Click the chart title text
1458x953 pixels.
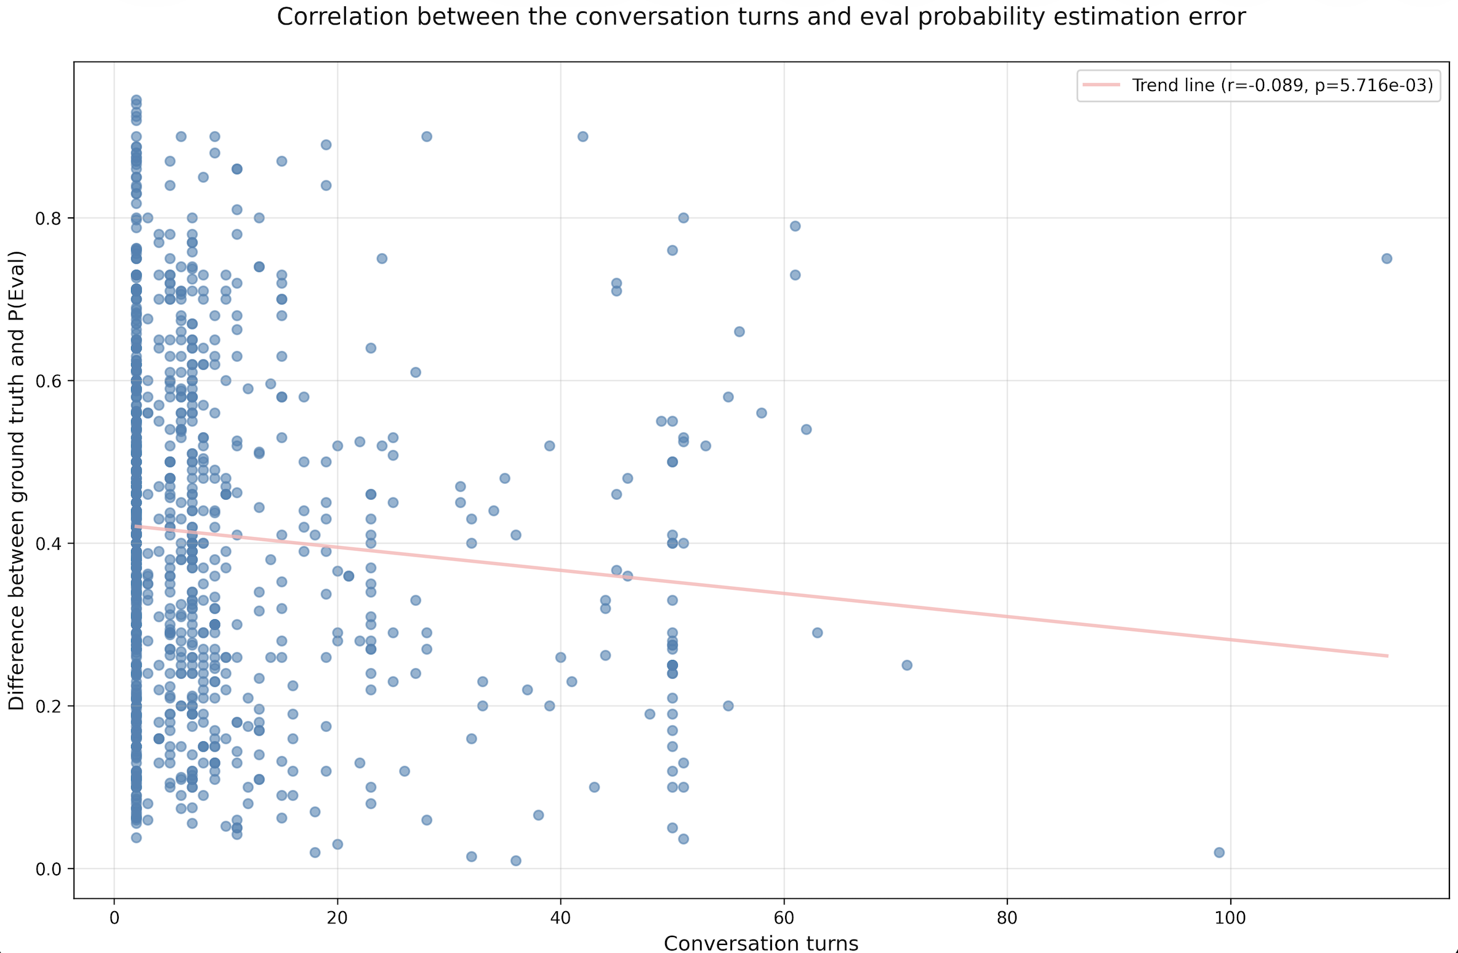761,17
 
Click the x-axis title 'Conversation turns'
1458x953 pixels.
761,943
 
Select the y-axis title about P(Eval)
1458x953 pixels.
17,480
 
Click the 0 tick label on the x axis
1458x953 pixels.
115,918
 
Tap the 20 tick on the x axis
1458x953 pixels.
337,918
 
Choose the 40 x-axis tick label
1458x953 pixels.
560,918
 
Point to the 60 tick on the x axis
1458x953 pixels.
784,918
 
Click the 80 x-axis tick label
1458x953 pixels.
1007,918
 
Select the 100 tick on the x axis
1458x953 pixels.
1230,918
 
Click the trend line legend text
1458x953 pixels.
1283,85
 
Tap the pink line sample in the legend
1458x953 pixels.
1102,85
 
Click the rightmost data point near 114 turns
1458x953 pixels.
1387,259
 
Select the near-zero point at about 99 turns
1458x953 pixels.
1219,853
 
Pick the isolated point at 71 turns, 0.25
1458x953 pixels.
907,665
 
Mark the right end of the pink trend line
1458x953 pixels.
1387,656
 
